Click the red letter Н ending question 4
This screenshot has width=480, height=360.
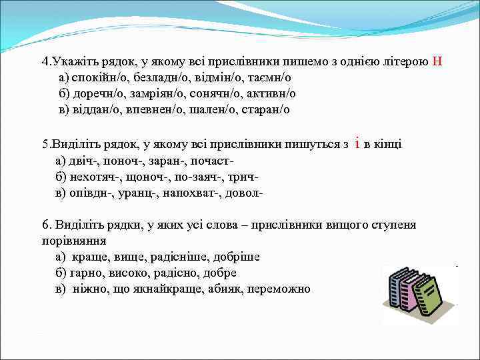(x=437, y=62)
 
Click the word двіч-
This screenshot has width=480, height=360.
(x=86, y=161)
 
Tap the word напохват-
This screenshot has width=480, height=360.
(x=195, y=193)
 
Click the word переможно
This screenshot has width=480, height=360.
(x=281, y=289)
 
